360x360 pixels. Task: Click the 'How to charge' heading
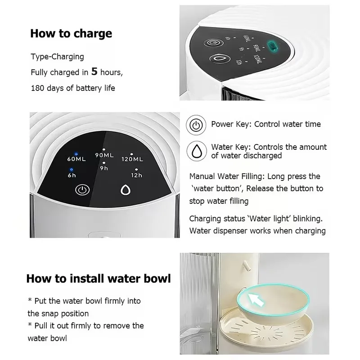tap(71, 34)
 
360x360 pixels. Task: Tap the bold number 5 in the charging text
tap(94, 72)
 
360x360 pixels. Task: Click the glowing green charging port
tap(273, 46)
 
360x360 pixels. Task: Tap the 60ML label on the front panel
tap(76, 159)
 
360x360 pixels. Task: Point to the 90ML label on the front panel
tap(104, 155)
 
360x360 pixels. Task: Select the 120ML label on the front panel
tap(132, 159)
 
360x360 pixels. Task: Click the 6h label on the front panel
tap(72, 175)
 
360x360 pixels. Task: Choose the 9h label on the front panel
tap(104, 168)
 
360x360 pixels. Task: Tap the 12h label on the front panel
tap(137, 175)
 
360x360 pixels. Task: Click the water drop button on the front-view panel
tap(126, 190)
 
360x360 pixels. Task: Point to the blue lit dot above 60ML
tap(76, 154)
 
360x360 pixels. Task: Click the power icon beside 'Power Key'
tap(196, 125)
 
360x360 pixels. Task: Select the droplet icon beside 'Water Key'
tap(197, 151)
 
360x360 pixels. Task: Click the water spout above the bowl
tap(246, 265)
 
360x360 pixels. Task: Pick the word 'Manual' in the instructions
tap(202, 176)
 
